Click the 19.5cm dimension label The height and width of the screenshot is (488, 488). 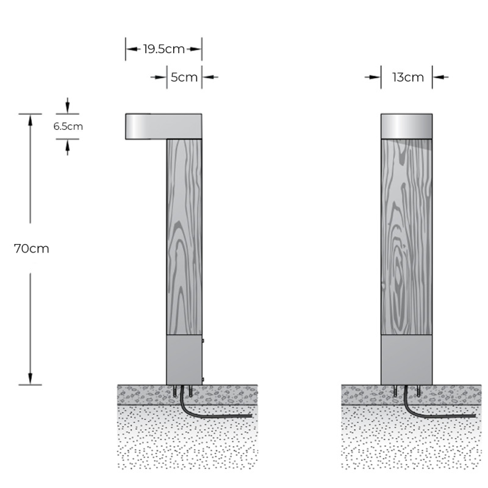coord(163,49)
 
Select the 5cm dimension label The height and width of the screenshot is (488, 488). coord(184,77)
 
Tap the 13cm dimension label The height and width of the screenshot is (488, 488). coord(407,77)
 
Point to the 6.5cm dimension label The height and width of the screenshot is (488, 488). coord(68,127)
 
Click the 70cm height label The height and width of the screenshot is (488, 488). coord(31,249)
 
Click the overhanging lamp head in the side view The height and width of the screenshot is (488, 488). coord(146,126)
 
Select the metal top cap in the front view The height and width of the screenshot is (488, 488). coord(407,126)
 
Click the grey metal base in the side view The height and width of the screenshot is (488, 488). coord(184,360)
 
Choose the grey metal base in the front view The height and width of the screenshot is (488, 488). coord(407,360)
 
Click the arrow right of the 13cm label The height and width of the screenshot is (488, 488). coord(439,77)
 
